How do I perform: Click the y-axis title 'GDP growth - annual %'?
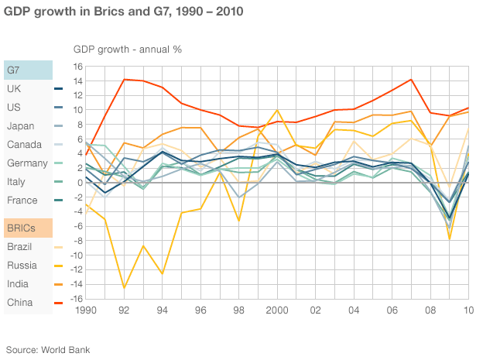127,49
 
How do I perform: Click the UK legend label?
13,88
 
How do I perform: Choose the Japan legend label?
20,125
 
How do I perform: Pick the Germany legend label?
26,163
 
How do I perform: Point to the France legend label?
22,200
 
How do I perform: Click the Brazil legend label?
19,246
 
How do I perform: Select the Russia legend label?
20,265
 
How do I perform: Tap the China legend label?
19,302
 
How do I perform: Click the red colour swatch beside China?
59,303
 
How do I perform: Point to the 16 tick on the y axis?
78,66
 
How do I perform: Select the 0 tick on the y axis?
80,182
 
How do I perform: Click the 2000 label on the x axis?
277,311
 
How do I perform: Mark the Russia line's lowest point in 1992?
124,288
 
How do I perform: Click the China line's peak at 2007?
412,79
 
